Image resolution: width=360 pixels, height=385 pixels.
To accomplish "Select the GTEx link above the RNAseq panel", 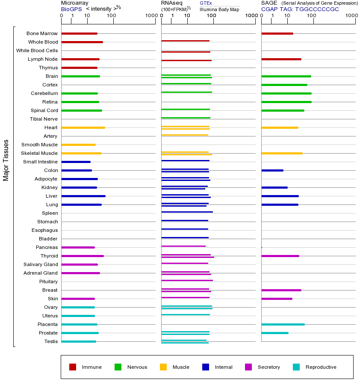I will coord(206,3).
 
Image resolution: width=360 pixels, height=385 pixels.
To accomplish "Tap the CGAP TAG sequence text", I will coord(300,9).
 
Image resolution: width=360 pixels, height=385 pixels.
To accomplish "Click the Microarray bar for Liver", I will coord(83,196).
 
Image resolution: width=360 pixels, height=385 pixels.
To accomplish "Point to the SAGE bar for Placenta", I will coord(283,324).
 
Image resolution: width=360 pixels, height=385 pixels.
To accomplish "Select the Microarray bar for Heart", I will coord(83,127).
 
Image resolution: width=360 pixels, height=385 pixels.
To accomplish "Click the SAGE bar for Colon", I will coord(272,170).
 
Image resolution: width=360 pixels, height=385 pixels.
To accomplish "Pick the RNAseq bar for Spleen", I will coord(187,212).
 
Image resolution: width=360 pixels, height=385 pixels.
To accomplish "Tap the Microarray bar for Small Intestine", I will coord(76,162).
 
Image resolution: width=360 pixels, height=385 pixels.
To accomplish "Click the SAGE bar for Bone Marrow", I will coord(277,33).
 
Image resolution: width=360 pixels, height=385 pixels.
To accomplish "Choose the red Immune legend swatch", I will coord(73,367).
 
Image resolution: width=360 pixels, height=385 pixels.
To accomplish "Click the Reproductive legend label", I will coord(321,367).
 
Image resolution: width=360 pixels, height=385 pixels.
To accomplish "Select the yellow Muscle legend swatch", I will coord(163,367).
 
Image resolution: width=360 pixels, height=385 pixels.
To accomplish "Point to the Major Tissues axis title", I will coord(6,160).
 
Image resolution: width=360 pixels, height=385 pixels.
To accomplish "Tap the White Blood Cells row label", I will coord(37,50).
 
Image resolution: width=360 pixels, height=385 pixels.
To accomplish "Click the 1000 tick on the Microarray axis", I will coord(150,16).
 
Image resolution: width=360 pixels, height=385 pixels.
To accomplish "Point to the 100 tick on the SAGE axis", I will coord(311,16).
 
